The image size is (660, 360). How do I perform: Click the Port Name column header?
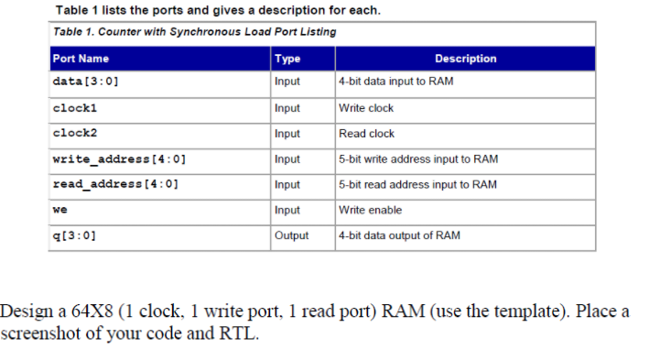click(81, 59)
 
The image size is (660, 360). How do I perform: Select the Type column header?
click(287, 59)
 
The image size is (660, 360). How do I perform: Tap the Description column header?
click(465, 59)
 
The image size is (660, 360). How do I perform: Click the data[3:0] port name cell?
click(86, 82)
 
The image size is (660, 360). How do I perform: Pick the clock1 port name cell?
click(75, 107)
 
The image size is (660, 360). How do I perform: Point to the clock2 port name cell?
click(75, 133)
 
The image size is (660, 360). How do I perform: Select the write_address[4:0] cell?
click(119, 158)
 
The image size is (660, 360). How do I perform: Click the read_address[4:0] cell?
click(115, 184)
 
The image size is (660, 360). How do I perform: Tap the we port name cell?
click(60, 210)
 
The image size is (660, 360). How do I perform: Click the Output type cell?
click(291, 235)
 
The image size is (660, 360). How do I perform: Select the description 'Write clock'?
click(366, 108)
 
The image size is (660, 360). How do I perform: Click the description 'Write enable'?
click(370, 210)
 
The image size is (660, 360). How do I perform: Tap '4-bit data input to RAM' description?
click(395, 82)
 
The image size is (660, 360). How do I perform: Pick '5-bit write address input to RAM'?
click(417, 158)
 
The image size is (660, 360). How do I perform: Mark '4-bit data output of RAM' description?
click(399, 235)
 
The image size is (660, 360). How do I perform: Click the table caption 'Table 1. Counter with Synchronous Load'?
click(193, 32)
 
